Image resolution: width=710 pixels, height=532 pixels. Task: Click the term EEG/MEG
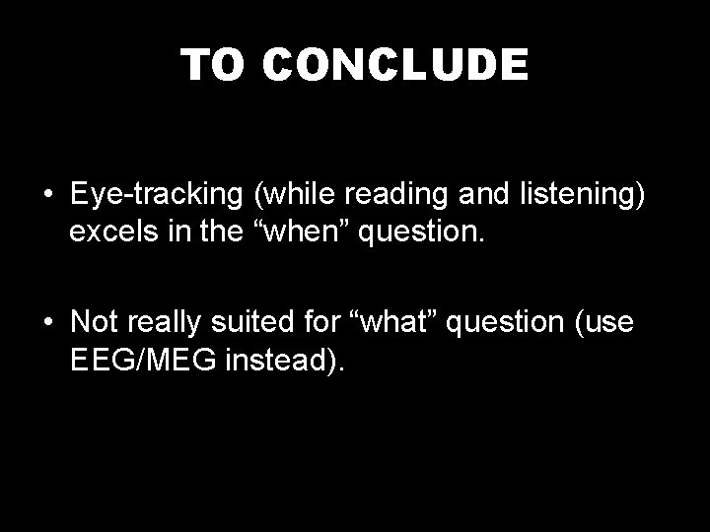(145, 362)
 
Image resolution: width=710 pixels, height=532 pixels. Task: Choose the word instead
(286, 362)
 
